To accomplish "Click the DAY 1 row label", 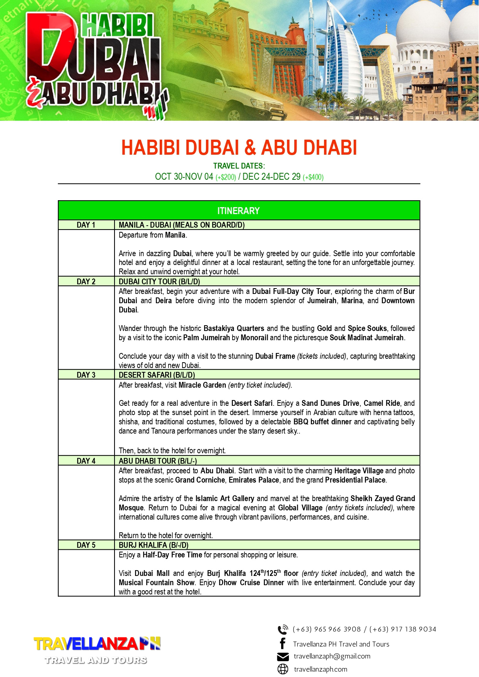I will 86,225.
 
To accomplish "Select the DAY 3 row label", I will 86,375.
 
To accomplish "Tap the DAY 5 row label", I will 86,545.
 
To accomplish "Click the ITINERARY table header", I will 239,211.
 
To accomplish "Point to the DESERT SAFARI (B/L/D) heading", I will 157,375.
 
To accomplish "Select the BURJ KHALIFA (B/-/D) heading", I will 153,545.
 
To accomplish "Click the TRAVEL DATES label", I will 239,166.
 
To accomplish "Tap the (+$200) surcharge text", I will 226,177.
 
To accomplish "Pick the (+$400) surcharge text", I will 313,177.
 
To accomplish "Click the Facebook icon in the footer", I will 283,643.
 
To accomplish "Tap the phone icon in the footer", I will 283,630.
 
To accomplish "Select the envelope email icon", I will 283,657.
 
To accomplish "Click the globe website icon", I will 283,669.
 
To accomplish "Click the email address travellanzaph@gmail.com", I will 332,656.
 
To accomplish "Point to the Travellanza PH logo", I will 97,649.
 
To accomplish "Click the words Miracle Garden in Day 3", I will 202,385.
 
